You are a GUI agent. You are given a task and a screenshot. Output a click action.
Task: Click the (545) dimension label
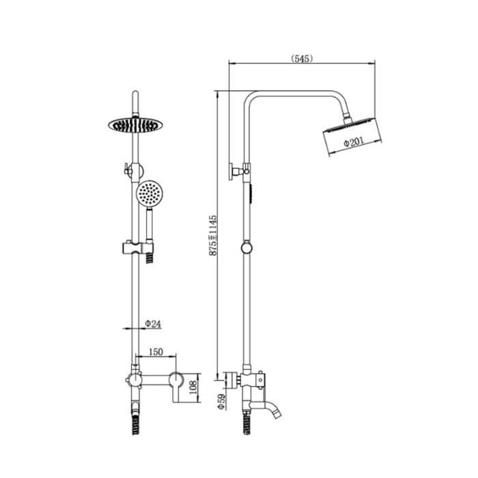pos(302,59)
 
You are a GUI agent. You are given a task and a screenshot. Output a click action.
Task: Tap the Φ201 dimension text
pos(354,142)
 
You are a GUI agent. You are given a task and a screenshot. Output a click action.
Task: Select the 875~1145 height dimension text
pos(213,236)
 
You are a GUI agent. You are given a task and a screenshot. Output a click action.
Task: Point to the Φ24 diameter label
pos(153,324)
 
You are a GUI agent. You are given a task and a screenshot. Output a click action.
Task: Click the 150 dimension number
pos(156,352)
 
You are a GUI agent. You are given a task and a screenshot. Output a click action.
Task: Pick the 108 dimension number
pos(193,387)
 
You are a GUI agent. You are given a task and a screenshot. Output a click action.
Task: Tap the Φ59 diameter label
pos(221,402)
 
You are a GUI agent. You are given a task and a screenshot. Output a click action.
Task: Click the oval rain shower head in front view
pos(135,125)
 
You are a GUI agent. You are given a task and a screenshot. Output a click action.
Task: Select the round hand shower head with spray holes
pos(150,193)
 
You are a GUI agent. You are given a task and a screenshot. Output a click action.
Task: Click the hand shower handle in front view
pos(150,225)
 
